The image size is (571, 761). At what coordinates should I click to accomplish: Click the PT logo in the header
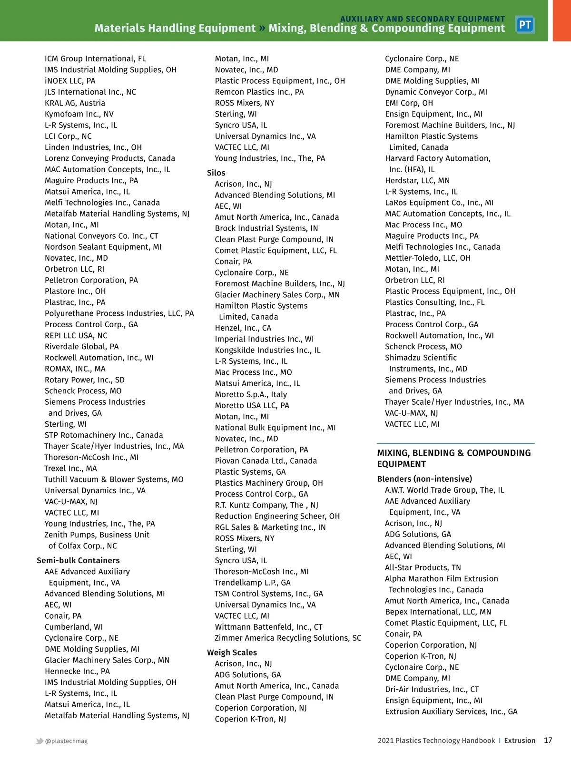click(x=525, y=25)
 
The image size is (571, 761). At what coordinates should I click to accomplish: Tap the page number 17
click(x=548, y=740)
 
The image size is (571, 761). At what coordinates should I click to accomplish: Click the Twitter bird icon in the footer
click(x=39, y=741)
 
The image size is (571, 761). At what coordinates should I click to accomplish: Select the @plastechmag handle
click(x=66, y=741)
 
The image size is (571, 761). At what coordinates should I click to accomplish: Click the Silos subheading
click(x=216, y=173)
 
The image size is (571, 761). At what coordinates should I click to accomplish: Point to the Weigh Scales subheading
click(x=232, y=653)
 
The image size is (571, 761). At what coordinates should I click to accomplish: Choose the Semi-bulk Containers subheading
click(x=78, y=560)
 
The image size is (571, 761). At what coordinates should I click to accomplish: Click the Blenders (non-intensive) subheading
click(x=424, y=479)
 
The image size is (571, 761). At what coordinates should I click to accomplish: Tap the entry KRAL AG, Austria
click(x=75, y=103)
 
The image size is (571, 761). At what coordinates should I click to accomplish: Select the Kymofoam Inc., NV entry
click(x=79, y=114)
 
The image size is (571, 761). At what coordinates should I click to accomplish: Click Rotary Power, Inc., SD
click(x=84, y=380)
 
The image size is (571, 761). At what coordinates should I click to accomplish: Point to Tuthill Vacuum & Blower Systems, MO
click(x=114, y=479)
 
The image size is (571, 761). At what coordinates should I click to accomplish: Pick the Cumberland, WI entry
click(x=74, y=627)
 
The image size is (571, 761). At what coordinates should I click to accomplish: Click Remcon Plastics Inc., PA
click(x=259, y=92)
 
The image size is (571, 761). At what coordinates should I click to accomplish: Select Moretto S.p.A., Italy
click(x=251, y=394)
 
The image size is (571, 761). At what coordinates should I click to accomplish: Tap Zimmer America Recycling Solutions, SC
click(x=288, y=638)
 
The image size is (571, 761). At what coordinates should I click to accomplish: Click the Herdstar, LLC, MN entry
click(x=417, y=180)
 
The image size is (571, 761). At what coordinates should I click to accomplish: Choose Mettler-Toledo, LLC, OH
click(x=427, y=258)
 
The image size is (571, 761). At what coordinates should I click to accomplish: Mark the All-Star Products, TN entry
click(x=423, y=567)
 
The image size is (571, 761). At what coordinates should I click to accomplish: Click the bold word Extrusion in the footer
click(x=520, y=741)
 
